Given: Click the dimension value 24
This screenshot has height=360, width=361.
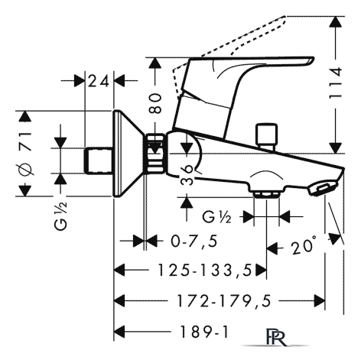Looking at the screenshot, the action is click(x=98, y=81).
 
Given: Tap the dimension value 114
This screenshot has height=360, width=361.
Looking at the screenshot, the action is click(x=335, y=83).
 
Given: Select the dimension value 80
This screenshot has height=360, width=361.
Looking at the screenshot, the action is click(x=155, y=103).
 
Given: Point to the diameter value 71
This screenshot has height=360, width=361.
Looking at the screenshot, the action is click(x=25, y=142).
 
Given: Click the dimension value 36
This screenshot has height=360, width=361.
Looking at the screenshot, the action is click(x=187, y=174).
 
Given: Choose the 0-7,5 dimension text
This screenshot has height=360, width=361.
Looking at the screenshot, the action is click(x=194, y=241).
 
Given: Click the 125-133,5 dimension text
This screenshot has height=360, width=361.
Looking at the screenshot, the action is click(x=205, y=270).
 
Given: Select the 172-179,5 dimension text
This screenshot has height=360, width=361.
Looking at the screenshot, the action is click(x=223, y=301).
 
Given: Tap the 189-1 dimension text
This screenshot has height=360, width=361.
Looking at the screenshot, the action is click(x=203, y=332).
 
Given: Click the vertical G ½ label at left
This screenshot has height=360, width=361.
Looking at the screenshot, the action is click(x=60, y=216).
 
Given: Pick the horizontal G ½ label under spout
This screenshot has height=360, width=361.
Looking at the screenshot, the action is click(x=216, y=217).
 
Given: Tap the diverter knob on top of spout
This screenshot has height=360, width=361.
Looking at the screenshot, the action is click(x=267, y=137).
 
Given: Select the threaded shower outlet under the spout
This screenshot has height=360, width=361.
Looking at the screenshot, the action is click(x=266, y=195).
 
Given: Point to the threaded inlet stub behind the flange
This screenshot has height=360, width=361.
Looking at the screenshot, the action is click(x=98, y=161).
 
